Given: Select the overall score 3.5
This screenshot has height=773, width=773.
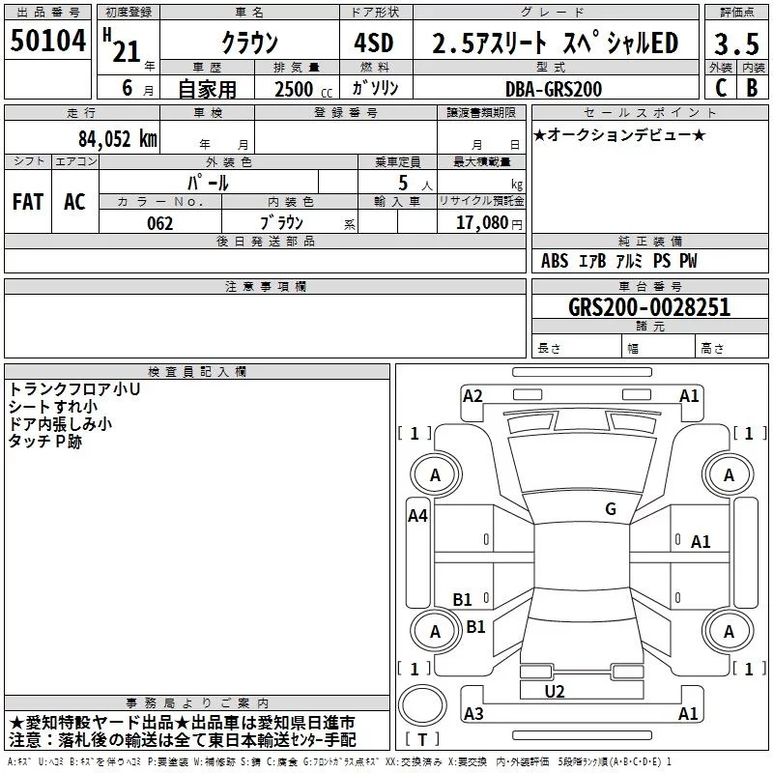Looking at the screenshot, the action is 735,43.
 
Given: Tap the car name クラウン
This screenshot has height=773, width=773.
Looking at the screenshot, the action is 249,43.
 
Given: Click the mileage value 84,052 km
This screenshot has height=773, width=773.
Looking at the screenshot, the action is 116,138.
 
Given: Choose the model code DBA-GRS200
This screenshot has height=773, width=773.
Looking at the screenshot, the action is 554,89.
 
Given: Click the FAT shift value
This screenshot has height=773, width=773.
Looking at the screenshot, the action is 27,202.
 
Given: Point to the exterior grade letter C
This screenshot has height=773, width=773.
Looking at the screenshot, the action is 721,88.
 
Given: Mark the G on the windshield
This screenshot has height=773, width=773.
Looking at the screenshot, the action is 611,509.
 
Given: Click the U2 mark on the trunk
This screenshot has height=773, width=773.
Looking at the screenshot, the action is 554,691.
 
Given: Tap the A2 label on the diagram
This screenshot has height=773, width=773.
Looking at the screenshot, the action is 472,395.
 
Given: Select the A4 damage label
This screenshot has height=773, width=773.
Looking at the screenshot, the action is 417,516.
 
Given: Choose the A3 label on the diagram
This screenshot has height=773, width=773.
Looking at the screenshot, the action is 473,714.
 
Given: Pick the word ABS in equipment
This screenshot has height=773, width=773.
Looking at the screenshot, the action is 555,261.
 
